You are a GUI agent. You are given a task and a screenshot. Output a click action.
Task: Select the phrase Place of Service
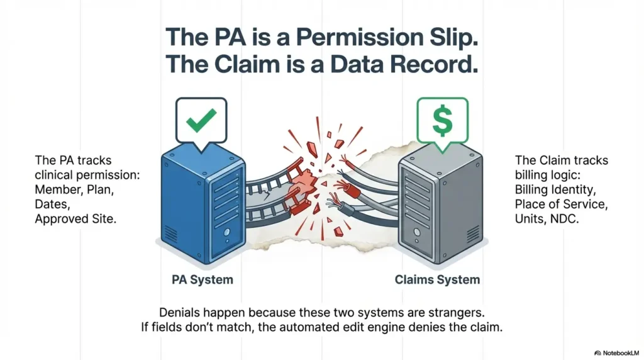click(x=559, y=204)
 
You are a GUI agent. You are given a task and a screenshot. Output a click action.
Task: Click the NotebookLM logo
click(x=616, y=353)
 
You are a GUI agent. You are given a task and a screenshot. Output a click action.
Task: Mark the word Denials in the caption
click(x=180, y=313)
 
